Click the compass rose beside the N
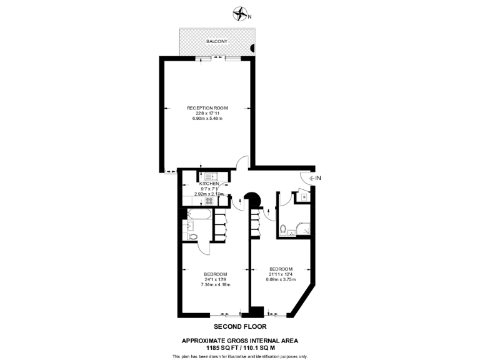[x=240, y=12]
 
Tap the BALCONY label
[x=217, y=41]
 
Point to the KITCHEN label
[x=209, y=184]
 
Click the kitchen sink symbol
[x=207, y=176]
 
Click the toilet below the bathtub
[x=193, y=236]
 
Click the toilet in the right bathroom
[x=284, y=229]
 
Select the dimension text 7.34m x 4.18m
[x=215, y=284]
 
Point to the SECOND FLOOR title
[x=240, y=326]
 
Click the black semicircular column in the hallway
[x=253, y=199]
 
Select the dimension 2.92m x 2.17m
[x=208, y=194]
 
